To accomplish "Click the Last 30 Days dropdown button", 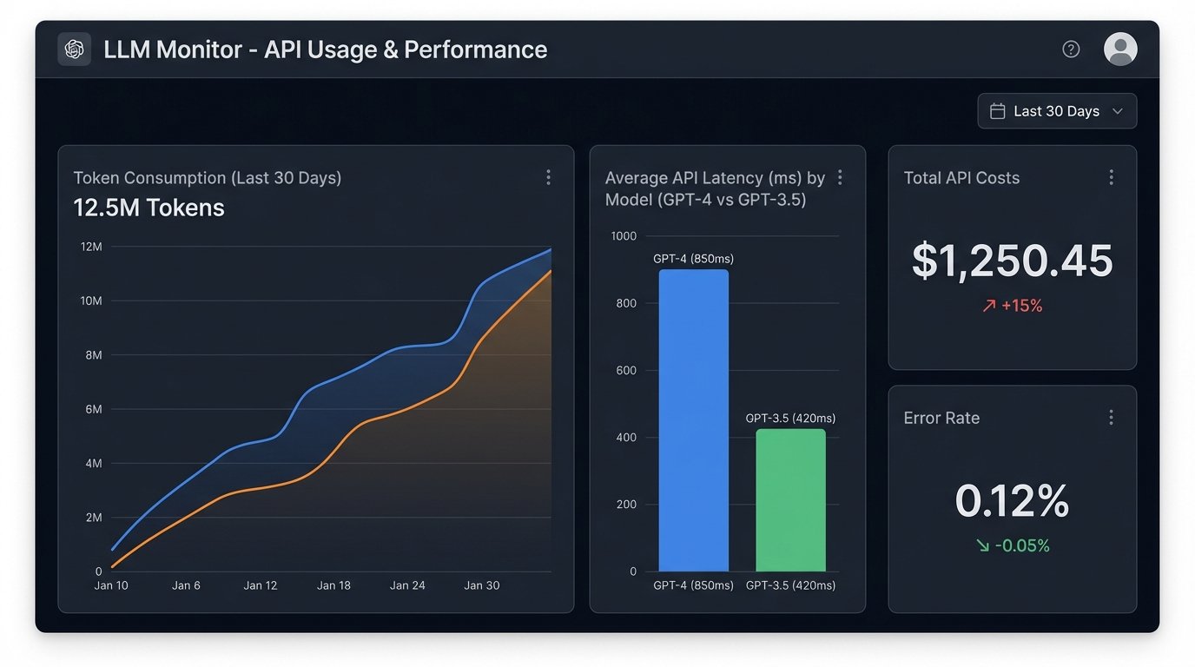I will [1056, 111].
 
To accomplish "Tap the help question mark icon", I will [1071, 50].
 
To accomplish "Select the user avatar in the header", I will [1119, 50].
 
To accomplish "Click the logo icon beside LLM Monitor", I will [74, 50].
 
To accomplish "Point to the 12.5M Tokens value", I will [149, 208].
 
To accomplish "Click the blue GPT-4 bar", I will [693, 420].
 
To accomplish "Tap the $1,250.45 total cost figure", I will [1012, 261].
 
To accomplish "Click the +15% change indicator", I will [1012, 306].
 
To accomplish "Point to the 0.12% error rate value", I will [1012, 501].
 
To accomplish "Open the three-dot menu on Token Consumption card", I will [548, 177].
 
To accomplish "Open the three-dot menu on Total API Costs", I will [1111, 177].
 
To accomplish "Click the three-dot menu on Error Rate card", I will [1111, 418].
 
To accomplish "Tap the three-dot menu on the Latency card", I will [840, 177].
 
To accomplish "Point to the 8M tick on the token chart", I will [92, 355].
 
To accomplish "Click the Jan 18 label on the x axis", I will [333, 585].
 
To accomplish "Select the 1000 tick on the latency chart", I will [624, 236].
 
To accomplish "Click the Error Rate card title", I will [941, 418].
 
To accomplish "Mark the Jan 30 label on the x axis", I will [482, 585].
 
